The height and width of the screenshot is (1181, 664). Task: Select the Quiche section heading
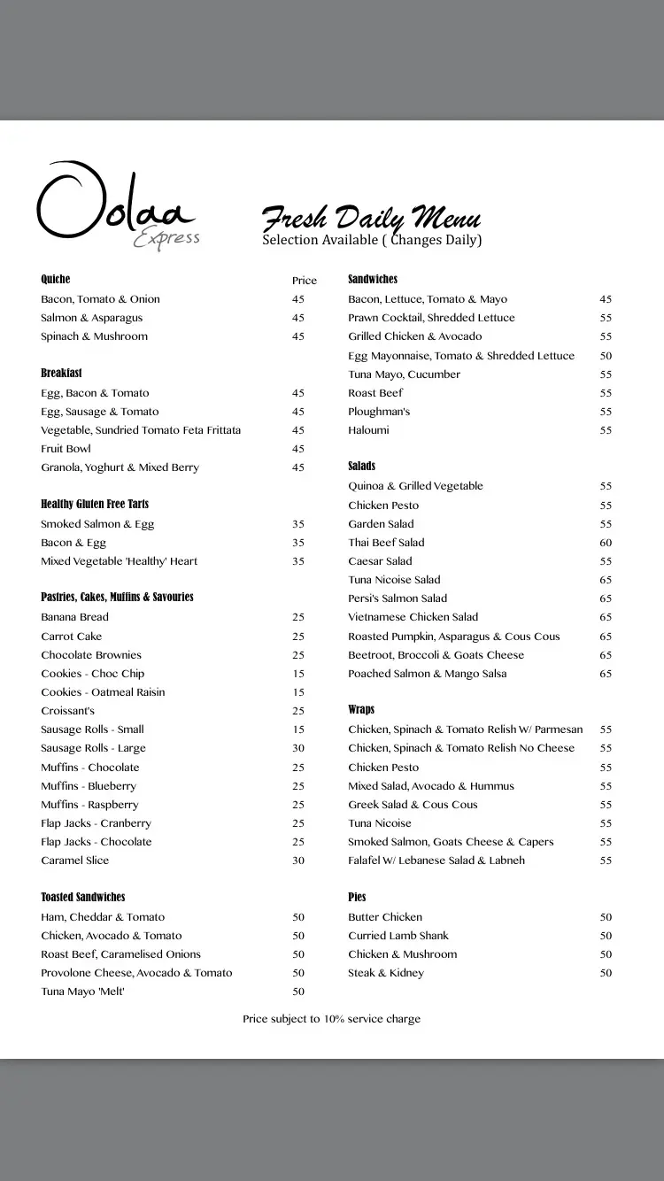[56, 279]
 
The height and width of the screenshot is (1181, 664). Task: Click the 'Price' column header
[305, 281]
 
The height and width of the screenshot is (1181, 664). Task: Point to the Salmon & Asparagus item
[91, 318]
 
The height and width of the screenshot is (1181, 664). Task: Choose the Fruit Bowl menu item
[66, 449]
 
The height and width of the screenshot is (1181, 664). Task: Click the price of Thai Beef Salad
[606, 543]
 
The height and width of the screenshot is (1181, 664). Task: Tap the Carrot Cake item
[72, 637]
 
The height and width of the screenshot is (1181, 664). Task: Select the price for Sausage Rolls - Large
[298, 748]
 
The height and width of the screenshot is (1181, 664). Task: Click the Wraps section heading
[361, 710]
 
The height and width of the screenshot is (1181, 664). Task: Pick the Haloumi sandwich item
[368, 430]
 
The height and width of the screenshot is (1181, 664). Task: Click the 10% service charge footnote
[332, 1019]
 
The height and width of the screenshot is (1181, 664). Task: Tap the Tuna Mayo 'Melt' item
[82, 992]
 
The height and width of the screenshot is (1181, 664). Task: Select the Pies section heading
[357, 897]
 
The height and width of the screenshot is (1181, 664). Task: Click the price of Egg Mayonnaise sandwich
[606, 356]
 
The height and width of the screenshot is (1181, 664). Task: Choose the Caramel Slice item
[74, 861]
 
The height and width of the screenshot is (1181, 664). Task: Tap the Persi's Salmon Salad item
[398, 598]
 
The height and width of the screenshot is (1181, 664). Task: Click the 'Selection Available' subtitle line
[372, 241]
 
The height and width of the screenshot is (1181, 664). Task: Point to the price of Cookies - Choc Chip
[298, 674]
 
